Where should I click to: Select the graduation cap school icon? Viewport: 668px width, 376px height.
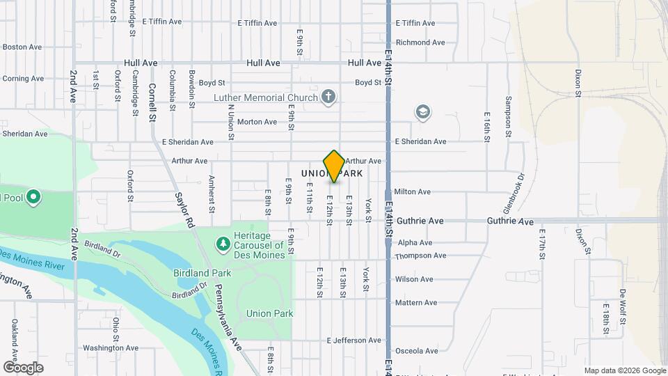coord(422,111)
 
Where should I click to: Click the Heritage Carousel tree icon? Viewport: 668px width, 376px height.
coord(223,244)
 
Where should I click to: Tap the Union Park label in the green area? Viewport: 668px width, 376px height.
coord(269,313)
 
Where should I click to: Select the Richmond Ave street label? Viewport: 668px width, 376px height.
coord(420,42)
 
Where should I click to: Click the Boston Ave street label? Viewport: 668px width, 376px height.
coord(22,47)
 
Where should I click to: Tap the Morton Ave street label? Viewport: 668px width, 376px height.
coord(257,122)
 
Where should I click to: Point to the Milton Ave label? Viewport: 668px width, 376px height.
coord(413,191)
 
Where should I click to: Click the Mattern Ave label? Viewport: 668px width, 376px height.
coord(415,303)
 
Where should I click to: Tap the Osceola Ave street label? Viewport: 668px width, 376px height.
coord(416,351)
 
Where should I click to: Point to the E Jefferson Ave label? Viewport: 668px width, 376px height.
coord(354,340)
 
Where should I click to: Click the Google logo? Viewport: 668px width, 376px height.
coord(23,367)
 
